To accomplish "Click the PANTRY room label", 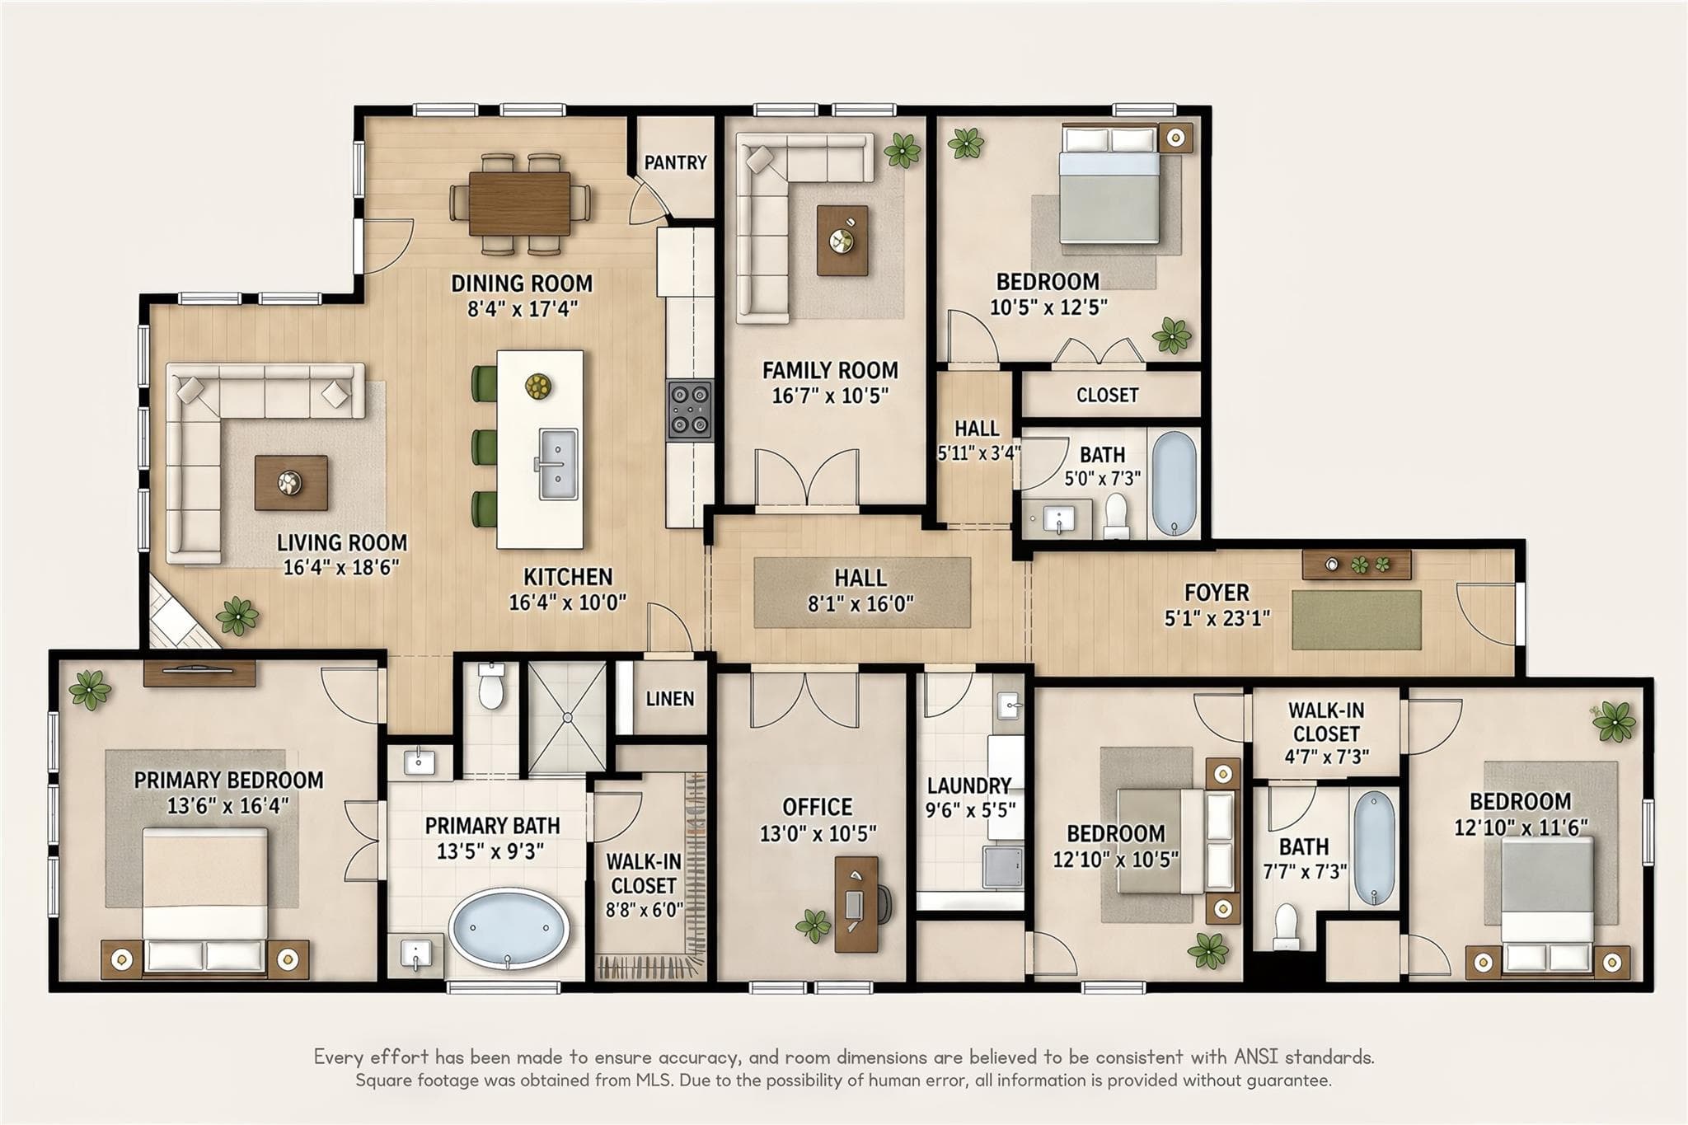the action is (x=675, y=162).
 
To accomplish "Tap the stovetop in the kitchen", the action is (x=690, y=410).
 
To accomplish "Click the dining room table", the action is (x=520, y=202).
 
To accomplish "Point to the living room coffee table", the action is (x=291, y=482).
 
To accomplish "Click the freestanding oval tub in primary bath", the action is (x=509, y=928).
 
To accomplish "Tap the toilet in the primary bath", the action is (x=491, y=687).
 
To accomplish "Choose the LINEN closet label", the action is (x=669, y=699).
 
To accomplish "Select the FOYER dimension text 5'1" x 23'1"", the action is (x=1217, y=617).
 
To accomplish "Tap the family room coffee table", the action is (x=842, y=241).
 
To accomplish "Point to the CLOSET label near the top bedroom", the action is (x=1107, y=396).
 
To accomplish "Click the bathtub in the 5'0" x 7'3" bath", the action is (x=1174, y=484).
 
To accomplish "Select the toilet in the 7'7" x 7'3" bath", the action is (x=1286, y=926).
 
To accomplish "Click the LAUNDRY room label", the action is (x=969, y=785).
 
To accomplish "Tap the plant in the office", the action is (x=814, y=926).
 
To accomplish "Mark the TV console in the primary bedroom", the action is (x=199, y=673).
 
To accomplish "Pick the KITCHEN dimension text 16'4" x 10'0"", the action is (x=567, y=602).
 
